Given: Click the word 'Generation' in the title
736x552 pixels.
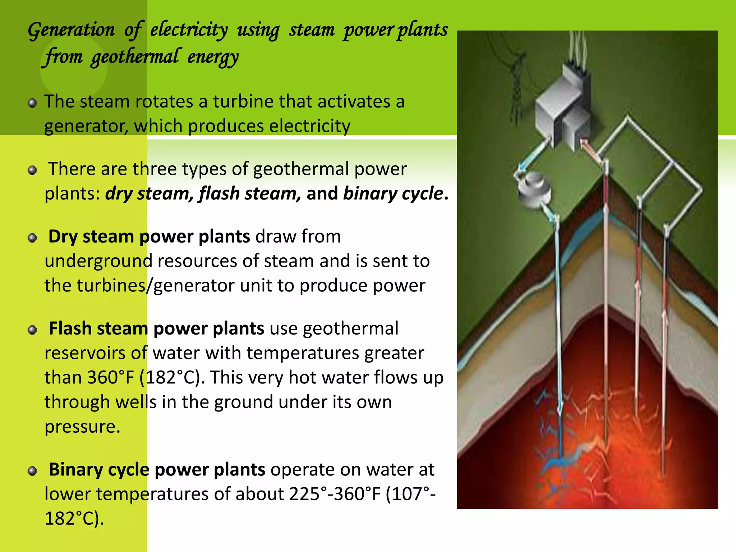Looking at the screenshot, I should [x=71, y=30].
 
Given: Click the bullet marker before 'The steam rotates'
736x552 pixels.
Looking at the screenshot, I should [x=33, y=103].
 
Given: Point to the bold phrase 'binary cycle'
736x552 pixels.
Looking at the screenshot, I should [x=393, y=193].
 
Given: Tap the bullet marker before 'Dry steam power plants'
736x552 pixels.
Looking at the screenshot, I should [x=33, y=238].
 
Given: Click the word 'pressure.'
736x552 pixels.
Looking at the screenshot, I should [x=82, y=427].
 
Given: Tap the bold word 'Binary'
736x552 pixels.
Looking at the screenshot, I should [x=75, y=470].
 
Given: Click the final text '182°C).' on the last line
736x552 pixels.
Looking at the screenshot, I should [x=74, y=519].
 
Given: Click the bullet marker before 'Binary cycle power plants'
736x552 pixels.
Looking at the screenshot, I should [x=33, y=471].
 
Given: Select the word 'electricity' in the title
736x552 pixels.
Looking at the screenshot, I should [x=189, y=30].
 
